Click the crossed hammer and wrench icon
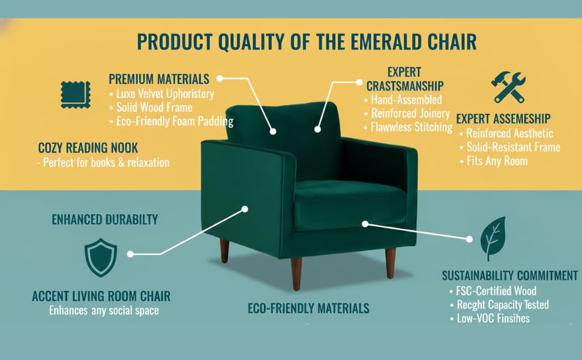coord(508,88)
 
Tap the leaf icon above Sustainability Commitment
coord(493,239)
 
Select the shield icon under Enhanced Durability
coord(101,257)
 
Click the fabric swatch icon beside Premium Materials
coord(75,94)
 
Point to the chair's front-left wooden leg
coord(296,274)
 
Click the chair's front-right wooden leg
coord(391,263)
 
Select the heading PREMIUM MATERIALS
coord(159,79)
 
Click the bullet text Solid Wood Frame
coord(154,107)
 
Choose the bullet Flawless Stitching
coord(411,127)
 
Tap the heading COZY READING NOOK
coord(88,148)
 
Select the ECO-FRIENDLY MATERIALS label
coord(308,309)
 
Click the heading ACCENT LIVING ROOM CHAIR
coord(101,296)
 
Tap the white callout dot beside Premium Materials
coord(220,78)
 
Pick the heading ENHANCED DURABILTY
coord(105,219)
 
